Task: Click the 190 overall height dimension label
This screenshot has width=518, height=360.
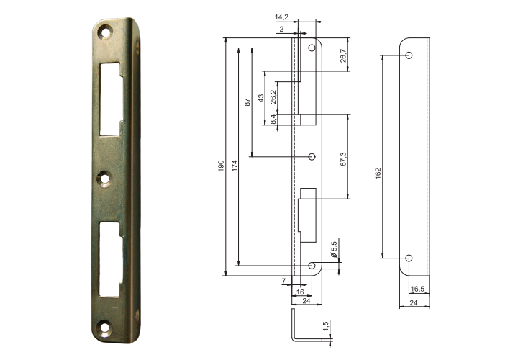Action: [222, 166]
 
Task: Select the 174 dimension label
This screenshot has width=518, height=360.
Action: [235, 166]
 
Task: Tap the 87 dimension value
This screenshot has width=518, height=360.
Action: [247, 102]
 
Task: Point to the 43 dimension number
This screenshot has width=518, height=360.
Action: [261, 98]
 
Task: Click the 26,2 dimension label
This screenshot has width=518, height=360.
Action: [273, 97]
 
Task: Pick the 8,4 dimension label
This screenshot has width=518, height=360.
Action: [273, 120]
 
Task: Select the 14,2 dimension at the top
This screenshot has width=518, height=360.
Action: [281, 17]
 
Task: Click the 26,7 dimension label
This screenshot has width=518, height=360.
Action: [344, 56]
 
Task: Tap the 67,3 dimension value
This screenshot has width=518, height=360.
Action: [344, 159]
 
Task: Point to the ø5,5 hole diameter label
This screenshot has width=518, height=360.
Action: [334, 250]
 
